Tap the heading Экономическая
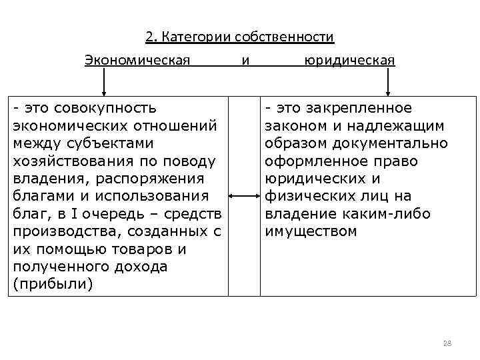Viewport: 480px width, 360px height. point(137,61)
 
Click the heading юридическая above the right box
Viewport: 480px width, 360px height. point(349,61)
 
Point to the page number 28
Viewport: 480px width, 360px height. point(447,343)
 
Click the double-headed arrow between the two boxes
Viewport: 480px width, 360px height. point(244,196)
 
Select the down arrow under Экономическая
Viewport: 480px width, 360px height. point(104,83)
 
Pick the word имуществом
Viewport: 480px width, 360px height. point(311,231)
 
